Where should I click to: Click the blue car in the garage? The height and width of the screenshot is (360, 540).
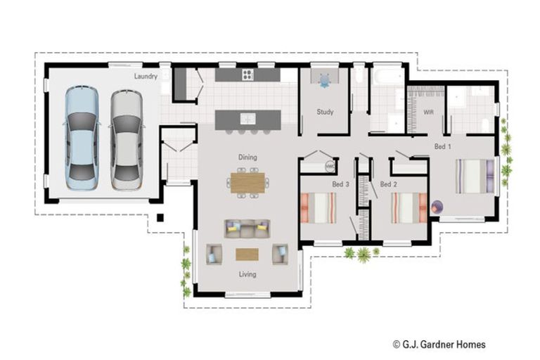click(82, 138)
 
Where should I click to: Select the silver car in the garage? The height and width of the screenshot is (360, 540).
click(127, 138)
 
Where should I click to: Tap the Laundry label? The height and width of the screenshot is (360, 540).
click(146, 76)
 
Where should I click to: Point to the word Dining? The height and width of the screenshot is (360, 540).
click(247, 157)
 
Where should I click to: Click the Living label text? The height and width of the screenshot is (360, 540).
click(247, 274)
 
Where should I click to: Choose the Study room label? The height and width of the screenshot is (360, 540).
click(325, 112)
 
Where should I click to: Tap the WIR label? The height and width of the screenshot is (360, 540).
click(428, 112)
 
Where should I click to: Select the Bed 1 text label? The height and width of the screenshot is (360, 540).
click(442, 146)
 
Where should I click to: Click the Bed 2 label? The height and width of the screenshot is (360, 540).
click(389, 184)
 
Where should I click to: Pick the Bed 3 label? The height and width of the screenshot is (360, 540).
click(341, 184)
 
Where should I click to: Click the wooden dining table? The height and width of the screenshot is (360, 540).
click(247, 183)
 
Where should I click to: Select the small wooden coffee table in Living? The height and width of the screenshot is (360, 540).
click(247, 254)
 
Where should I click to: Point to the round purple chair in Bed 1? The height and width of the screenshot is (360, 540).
click(437, 207)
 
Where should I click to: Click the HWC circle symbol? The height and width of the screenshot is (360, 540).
click(330, 167)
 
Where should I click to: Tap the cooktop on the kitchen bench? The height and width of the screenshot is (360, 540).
click(247, 75)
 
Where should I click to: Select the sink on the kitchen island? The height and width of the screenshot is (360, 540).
click(247, 118)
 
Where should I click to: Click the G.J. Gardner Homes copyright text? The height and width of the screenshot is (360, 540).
click(439, 344)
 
